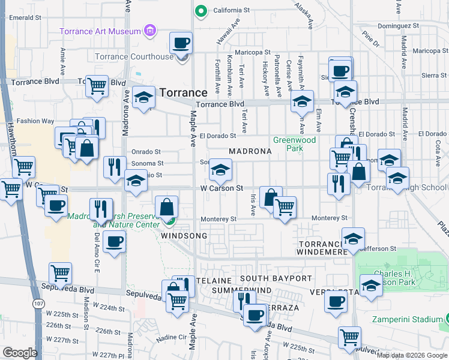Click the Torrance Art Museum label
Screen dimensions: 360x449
(99, 31)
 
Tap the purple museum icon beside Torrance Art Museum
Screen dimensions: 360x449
(150, 31)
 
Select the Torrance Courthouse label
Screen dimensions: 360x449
(134, 57)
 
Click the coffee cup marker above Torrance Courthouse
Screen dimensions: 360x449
(181, 43)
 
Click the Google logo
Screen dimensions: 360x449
(20, 352)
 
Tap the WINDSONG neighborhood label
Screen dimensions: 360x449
(184, 236)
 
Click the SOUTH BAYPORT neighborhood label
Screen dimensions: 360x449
(276, 279)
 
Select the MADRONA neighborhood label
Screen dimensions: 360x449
(250, 152)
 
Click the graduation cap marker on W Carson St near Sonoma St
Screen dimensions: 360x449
(220, 170)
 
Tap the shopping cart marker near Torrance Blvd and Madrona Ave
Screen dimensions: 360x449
(96, 86)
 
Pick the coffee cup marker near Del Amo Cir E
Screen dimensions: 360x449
(113, 242)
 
